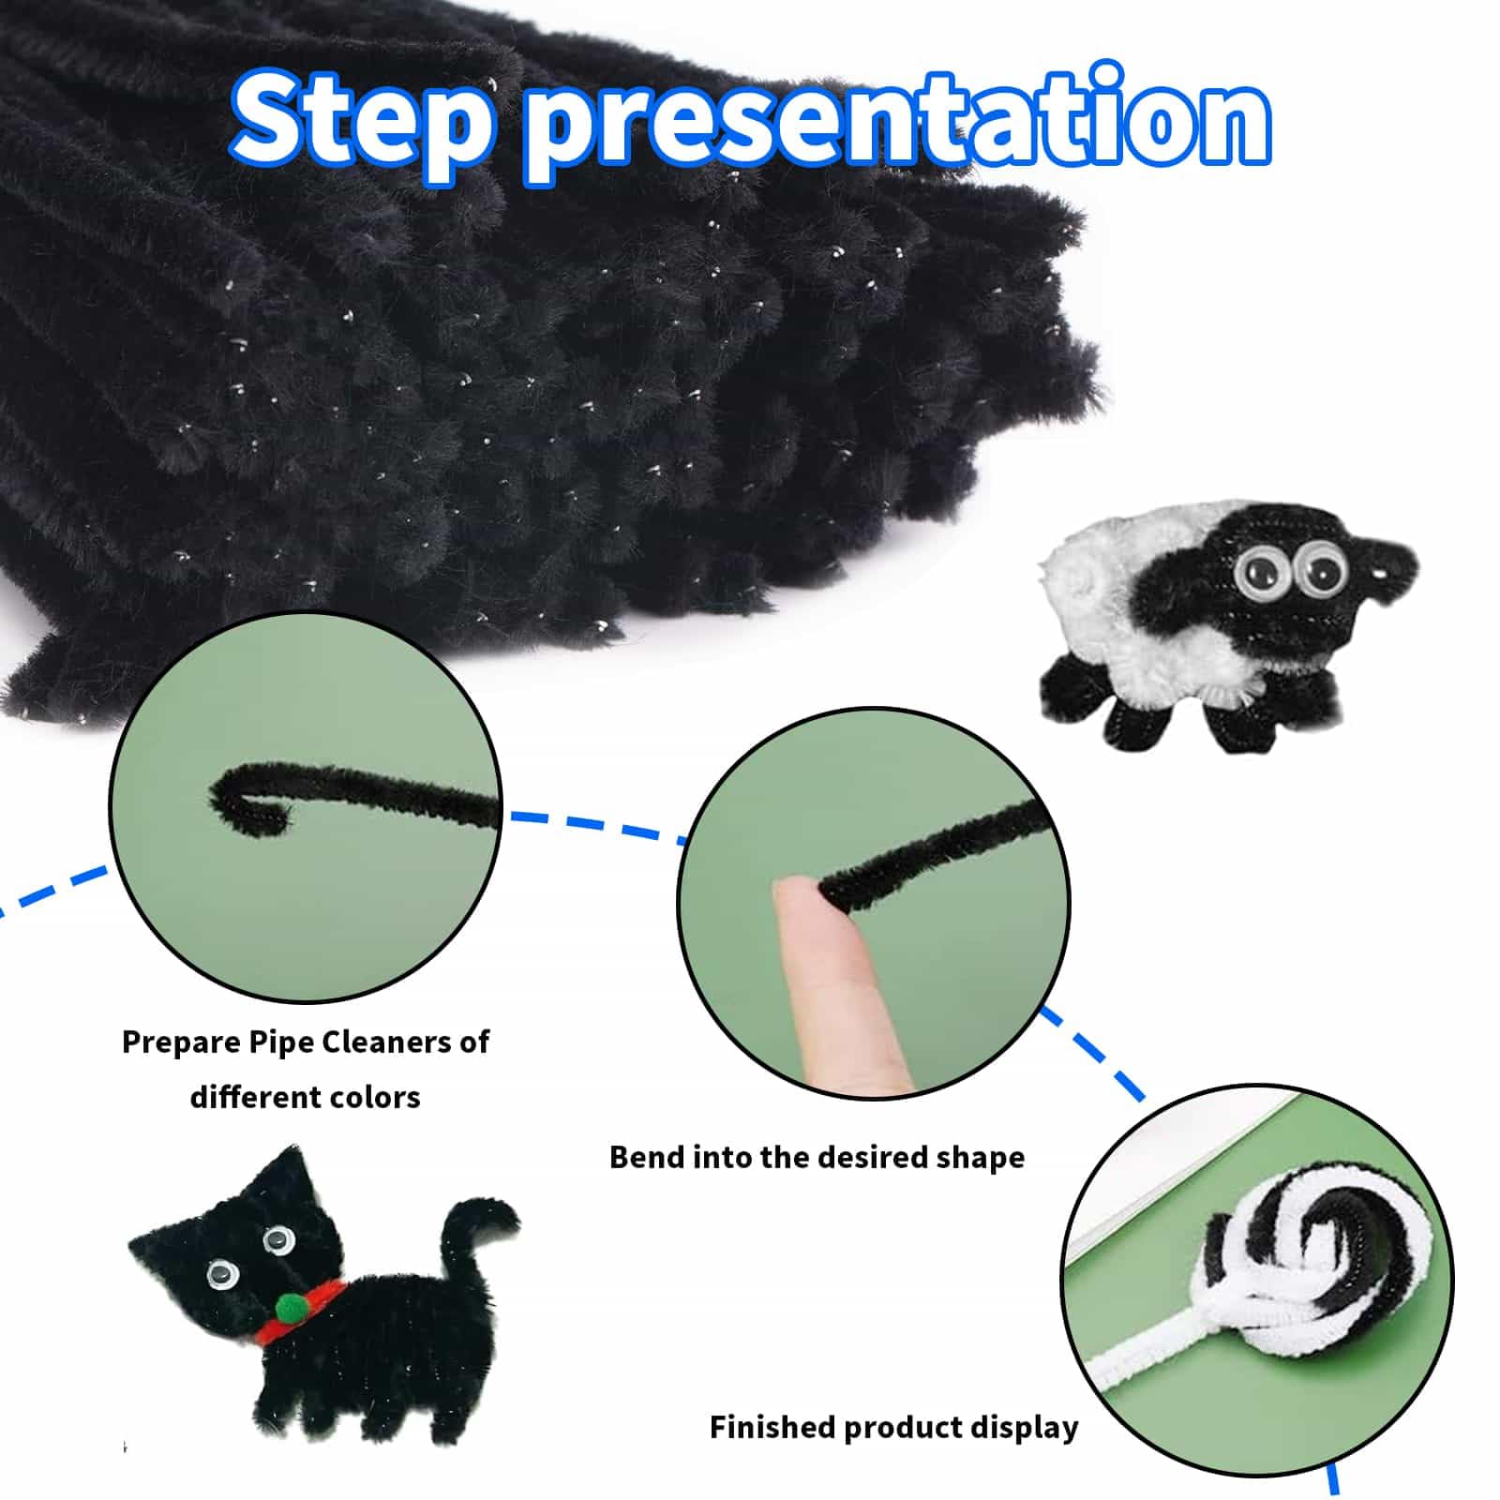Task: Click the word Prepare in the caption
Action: click(182, 1042)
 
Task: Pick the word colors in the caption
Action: click(373, 1096)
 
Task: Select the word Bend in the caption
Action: click(646, 1157)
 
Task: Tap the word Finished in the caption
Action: click(772, 1427)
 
